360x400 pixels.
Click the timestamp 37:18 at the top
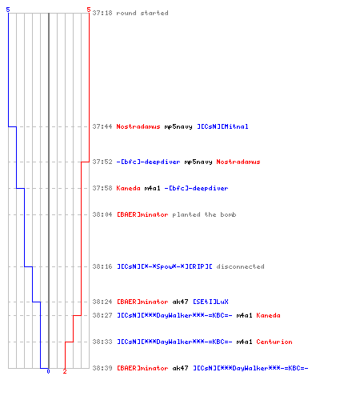pyautogui.click(x=102, y=13)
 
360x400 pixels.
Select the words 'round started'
pyautogui.click(x=142, y=13)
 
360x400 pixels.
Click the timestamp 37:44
pyautogui.click(x=102, y=126)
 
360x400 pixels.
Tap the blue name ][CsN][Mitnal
pyautogui.click(x=222, y=126)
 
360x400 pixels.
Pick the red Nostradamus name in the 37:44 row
pyautogui.click(x=138, y=126)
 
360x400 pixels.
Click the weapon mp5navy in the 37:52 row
pyautogui.click(x=198, y=162)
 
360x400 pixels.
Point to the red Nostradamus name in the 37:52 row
pyautogui.click(x=238, y=162)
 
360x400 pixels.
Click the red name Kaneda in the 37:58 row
pyautogui.click(x=128, y=188)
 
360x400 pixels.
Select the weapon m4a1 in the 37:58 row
pyautogui.click(x=153, y=188)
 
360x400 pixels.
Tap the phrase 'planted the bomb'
pyautogui.click(x=204, y=214)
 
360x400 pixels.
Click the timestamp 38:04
pyautogui.click(x=102, y=214)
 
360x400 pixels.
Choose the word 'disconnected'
pyautogui.click(x=240, y=266)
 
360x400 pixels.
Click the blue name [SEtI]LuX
pyautogui.click(x=210, y=302)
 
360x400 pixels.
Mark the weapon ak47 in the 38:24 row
pyautogui.click(x=181, y=302)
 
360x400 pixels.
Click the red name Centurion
pyautogui.click(x=274, y=342)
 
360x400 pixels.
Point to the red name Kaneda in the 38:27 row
pyautogui.click(x=268, y=315)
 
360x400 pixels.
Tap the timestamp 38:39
pyautogui.click(x=102, y=368)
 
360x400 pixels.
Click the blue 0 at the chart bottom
pyautogui.click(x=48, y=371)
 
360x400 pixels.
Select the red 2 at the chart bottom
pyautogui.click(x=65, y=371)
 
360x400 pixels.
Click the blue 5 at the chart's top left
pyautogui.click(x=8, y=10)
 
